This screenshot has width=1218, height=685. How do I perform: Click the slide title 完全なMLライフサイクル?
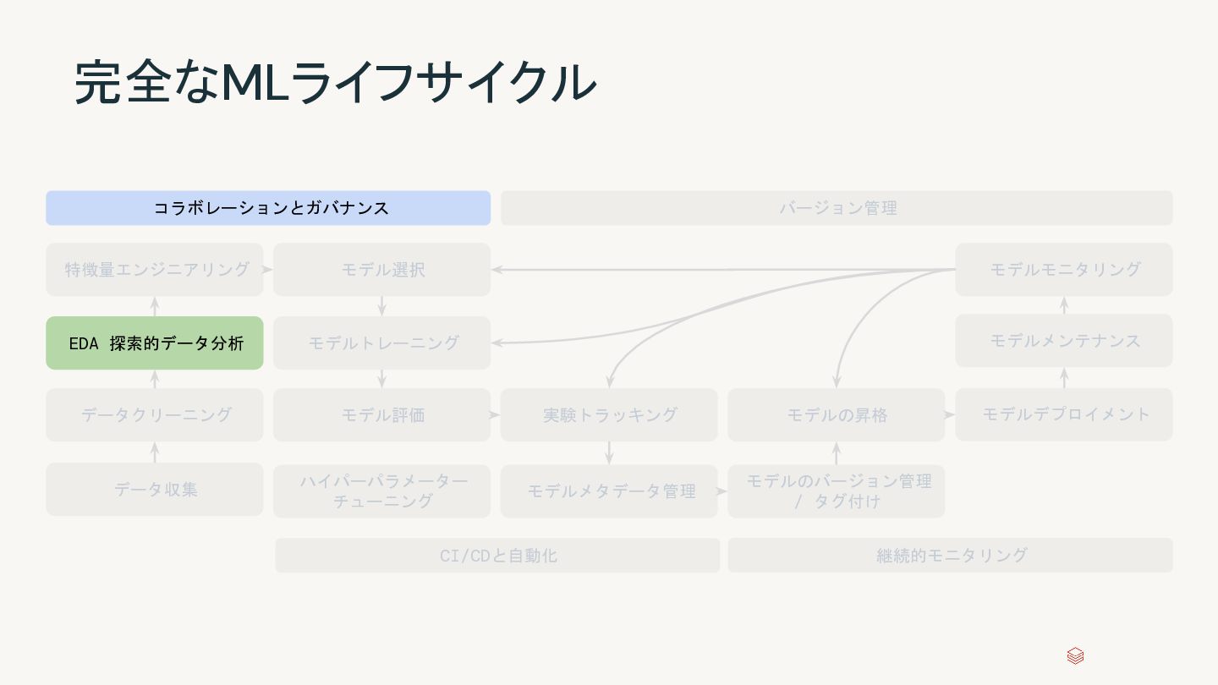pyautogui.click(x=335, y=83)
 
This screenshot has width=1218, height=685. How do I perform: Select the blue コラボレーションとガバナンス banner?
pyautogui.click(x=268, y=208)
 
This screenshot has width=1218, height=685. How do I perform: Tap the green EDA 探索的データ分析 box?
pyautogui.click(x=155, y=343)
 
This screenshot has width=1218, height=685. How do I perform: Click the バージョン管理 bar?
pyautogui.click(x=837, y=208)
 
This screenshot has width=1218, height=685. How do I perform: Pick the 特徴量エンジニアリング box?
pyautogui.click(x=155, y=270)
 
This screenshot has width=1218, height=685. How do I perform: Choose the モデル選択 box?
pyautogui.click(x=381, y=270)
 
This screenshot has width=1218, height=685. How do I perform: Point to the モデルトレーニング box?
pyautogui.click(x=381, y=343)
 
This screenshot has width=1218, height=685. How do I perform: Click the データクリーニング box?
pyautogui.click(x=155, y=415)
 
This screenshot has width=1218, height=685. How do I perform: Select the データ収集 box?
pyautogui.click(x=155, y=490)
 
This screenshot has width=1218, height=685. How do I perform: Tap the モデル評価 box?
pyautogui.click(x=381, y=415)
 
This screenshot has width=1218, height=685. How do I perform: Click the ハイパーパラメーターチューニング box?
pyautogui.click(x=381, y=491)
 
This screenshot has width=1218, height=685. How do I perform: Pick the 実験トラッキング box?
pyautogui.click(x=609, y=415)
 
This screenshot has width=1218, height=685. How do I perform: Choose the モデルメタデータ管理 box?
pyautogui.click(x=609, y=491)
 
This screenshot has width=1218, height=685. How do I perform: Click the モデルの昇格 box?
pyautogui.click(x=836, y=415)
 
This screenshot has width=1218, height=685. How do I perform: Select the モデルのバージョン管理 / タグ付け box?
pyautogui.click(x=836, y=491)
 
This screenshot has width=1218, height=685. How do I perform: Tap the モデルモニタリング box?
pyautogui.click(x=1064, y=270)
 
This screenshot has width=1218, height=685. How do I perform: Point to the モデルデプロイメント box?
pyautogui.click(x=1064, y=415)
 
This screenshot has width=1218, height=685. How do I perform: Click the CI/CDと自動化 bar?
pyautogui.click(x=497, y=556)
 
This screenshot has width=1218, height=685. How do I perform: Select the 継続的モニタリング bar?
pyautogui.click(x=950, y=556)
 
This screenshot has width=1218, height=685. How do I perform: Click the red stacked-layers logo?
pyautogui.click(x=1075, y=656)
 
